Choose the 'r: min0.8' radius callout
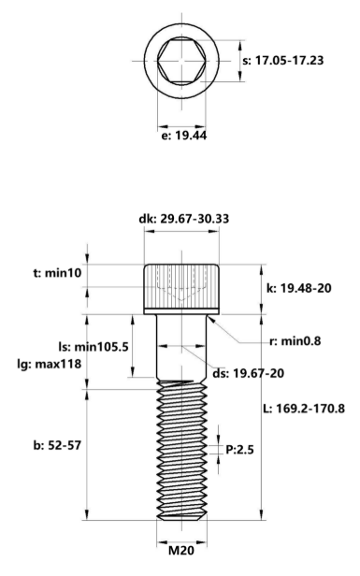(290, 341)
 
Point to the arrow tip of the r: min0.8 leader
(213, 318)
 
